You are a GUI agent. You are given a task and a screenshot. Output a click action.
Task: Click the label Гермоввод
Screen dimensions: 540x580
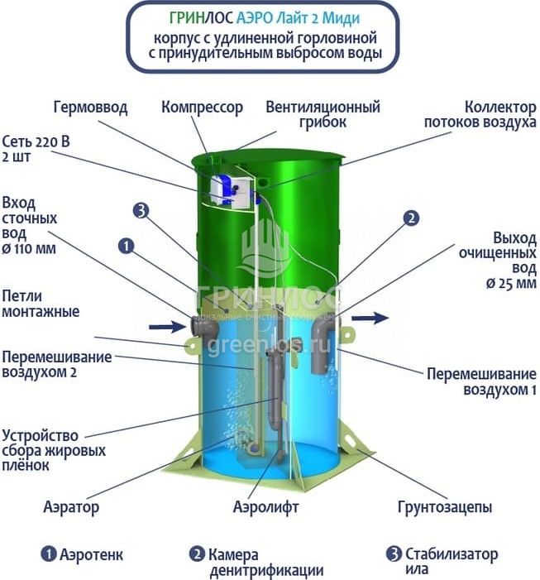pos(91,108)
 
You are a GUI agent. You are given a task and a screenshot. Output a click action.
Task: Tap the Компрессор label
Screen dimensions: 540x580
pos(202,108)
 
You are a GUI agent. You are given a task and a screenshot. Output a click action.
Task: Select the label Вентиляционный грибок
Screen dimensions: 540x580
pos(323,114)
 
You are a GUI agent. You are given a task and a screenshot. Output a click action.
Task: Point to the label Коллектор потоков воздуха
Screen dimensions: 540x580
pos(480,114)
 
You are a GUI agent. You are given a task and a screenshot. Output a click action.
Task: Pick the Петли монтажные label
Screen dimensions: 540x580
pos(41,304)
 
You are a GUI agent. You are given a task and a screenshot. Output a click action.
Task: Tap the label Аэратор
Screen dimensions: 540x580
pos(71,506)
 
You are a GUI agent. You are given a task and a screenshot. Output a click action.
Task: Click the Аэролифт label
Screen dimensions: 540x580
pos(265,506)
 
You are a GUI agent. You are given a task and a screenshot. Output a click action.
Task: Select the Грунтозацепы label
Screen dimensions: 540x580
pos(445,506)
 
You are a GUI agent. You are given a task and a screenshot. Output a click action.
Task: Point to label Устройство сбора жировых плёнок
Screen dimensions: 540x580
pos(54,450)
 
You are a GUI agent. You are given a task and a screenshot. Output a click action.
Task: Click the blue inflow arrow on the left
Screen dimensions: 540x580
pos(167,326)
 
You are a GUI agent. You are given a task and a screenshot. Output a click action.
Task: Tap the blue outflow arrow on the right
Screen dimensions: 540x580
pos(370,318)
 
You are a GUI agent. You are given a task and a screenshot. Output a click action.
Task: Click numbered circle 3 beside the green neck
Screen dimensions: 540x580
pos(141,211)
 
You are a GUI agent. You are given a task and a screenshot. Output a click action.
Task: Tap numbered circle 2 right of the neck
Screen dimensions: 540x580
pos(411,218)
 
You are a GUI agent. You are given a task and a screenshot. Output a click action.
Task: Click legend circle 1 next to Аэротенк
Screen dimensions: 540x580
pos(49,554)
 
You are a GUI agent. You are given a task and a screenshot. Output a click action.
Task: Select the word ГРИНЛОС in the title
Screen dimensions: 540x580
pos(201,18)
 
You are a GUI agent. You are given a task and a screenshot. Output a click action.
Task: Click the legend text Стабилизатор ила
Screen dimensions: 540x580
pos(452,561)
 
